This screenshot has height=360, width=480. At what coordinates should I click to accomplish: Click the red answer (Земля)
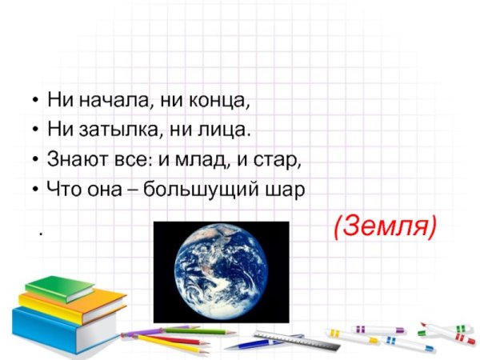[x=385, y=226]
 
